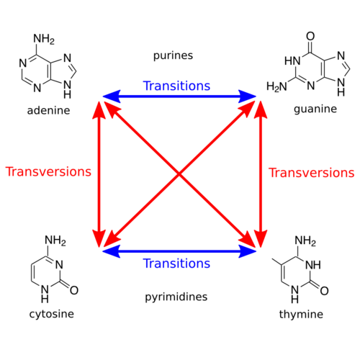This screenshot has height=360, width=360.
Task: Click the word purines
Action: tap(173, 56)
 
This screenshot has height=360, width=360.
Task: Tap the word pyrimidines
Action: tap(176, 297)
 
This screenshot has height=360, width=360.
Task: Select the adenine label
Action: tap(48, 110)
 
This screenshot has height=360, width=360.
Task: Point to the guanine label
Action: tap(315, 109)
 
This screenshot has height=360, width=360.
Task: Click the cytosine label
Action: tap(52, 314)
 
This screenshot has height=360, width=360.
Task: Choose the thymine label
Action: tap(301, 314)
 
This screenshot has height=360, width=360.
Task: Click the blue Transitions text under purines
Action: tap(176, 86)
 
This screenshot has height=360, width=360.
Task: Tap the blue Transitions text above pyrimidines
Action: tap(176, 264)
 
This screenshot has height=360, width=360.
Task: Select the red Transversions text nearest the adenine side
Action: tap(48, 171)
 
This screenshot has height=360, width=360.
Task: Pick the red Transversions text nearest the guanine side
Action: tap(312, 173)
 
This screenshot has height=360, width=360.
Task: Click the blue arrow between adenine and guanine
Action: tap(179, 96)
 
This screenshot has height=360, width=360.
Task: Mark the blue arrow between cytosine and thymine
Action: tap(179, 251)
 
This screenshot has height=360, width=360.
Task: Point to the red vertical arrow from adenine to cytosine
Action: tap(99, 174)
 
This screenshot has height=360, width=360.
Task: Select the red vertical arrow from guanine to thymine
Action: tap(261, 174)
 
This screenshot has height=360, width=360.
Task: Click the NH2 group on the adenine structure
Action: tap(44, 39)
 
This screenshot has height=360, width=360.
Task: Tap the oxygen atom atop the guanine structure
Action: tap(310, 36)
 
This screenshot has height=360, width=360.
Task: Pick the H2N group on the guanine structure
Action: tap(276, 86)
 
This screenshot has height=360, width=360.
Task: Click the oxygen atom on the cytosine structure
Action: tap(74, 290)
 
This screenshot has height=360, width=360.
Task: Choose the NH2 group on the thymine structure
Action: tap(305, 240)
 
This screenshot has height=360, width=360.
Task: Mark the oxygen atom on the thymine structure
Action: tap(324, 291)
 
